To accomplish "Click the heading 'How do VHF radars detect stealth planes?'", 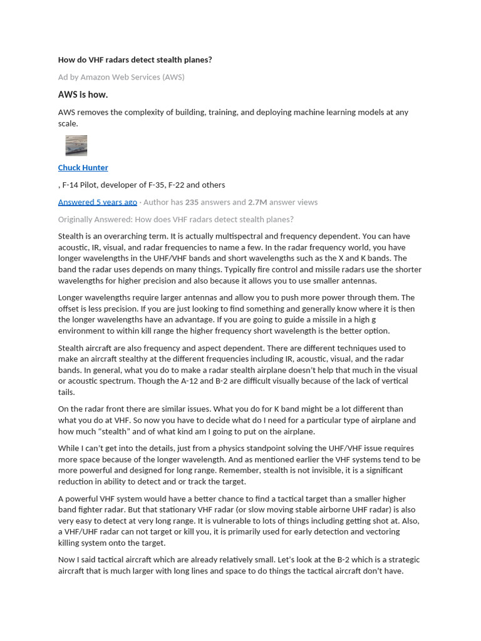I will coord(135,60).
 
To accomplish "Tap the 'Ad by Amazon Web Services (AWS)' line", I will coord(121,77).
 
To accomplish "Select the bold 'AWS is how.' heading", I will coord(83,95).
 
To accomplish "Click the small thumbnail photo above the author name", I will coord(76,145).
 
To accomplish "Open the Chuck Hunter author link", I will coord(83,168).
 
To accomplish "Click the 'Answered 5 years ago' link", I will coord(97,202).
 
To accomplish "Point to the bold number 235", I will coord(192,202).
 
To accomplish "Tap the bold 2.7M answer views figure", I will coord(257,202).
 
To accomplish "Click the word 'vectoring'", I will coord(381,532).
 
